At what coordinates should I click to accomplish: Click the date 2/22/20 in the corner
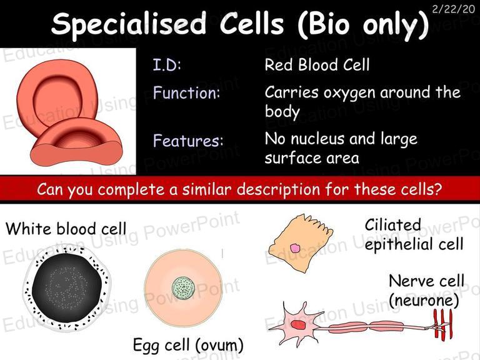tap(454, 9)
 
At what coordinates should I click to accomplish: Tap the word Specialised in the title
tap(129, 24)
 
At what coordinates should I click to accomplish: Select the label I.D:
tap(167, 64)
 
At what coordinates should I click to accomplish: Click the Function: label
tap(187, 92)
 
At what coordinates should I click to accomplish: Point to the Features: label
tap(188, 141)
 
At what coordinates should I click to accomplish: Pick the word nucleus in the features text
tap(317, 139)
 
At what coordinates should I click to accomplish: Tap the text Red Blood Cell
tap(317, 64)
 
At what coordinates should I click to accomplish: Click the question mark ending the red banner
tap(438, 189)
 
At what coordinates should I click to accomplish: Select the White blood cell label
tap(66, 229)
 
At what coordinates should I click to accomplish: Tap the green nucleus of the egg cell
tap(183, 289)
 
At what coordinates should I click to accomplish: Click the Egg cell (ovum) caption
tap(188, 345)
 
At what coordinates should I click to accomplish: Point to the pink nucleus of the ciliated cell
tap(295, 248)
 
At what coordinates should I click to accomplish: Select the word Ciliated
tap(392, 225)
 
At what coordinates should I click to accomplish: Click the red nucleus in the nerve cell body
tap(297, 325)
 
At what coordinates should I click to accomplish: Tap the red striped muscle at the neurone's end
tap(442, 324)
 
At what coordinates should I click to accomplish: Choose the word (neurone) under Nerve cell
tap(424, 300)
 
